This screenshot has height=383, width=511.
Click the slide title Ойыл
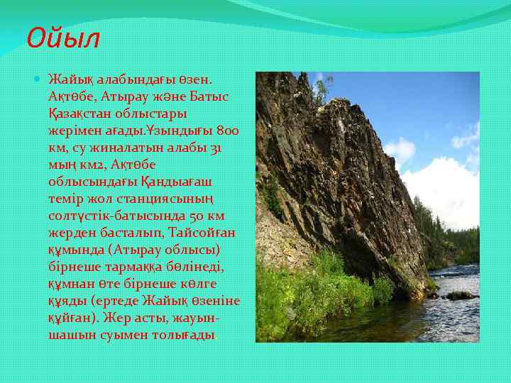pos(63,37)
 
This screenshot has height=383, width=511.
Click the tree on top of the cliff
pos(323,89)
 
